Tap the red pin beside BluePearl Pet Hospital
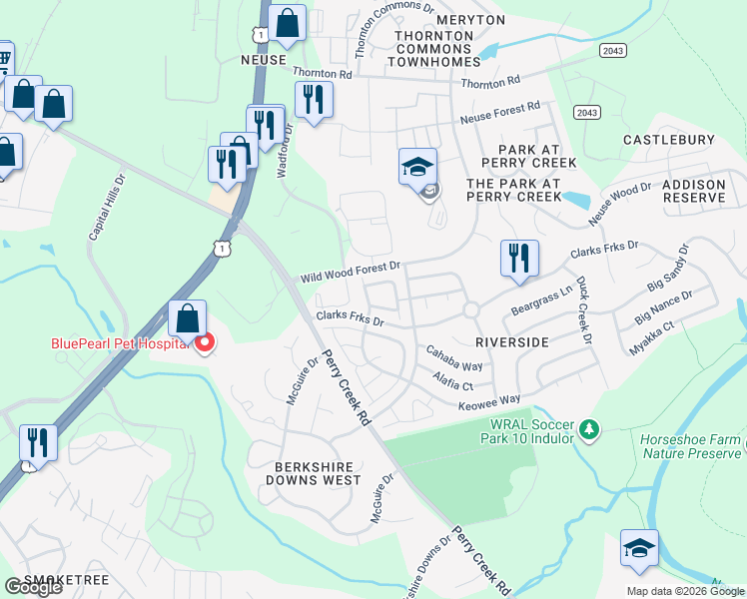[x=205, y=345]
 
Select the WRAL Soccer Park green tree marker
[x=590, y=429]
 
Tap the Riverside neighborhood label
[x=511, y=341]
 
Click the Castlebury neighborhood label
[x=668, y=141]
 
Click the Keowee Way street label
[x=489, y=398]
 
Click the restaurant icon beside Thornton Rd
[x=315, y=99]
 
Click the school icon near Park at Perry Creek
[x=418, y=166]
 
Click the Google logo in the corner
[x=32, y=587]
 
